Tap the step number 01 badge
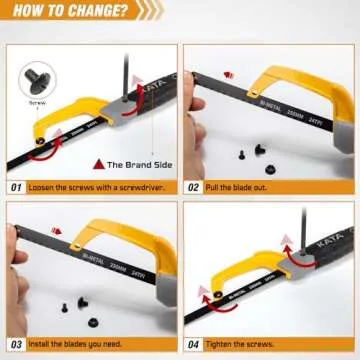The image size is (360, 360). click(x=17, y=187)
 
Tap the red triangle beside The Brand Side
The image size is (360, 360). click(x=97, y=163)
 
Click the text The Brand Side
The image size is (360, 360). click(x=135, y=163)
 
